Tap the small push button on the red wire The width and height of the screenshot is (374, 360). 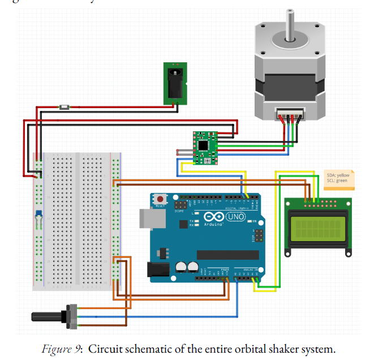[x=65, y=106]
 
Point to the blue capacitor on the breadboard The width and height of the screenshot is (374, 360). [x=38, y=214]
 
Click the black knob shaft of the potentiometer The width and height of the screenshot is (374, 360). [x=48, y=315]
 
